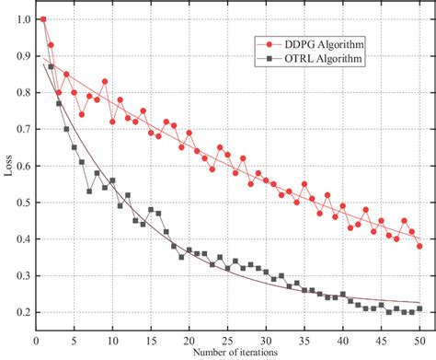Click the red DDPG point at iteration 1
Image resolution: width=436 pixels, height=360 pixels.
point(43,18)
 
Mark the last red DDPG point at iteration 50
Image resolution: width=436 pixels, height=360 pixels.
point(419,246)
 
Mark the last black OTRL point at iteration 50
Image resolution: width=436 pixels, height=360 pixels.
point(419,308)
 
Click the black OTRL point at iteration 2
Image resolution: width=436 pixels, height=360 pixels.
point(51,66)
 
